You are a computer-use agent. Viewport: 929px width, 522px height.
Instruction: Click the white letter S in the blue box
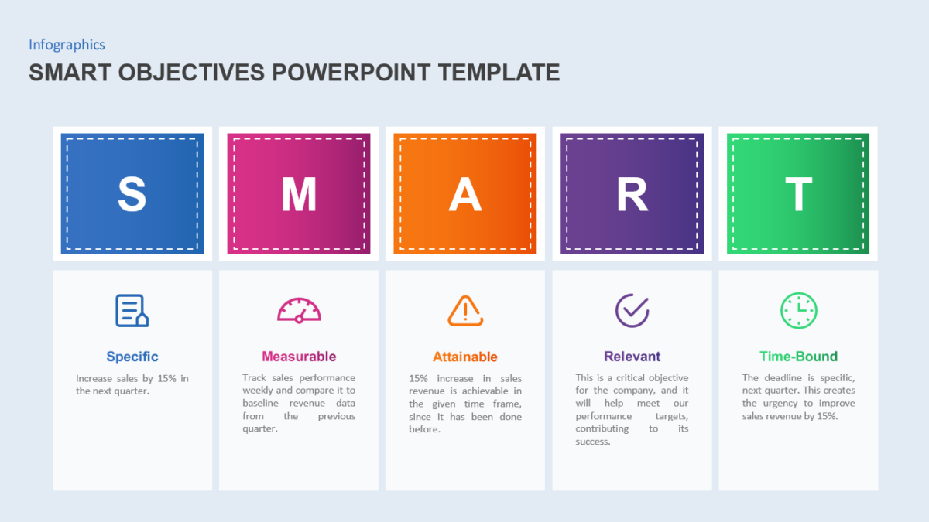click(132, 194)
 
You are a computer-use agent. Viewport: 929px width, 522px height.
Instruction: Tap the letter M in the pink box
click(299, 194)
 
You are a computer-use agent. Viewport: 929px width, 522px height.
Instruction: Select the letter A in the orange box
click(465, 194)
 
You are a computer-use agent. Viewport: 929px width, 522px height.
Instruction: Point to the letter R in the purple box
click(632, 194)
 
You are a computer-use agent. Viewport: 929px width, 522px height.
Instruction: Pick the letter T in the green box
click(798, 194)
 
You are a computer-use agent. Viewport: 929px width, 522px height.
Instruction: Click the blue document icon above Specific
click(132, 310)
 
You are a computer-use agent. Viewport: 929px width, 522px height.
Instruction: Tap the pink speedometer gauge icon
click(299, 310)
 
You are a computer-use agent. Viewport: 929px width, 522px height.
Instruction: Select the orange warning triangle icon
click(465, 310)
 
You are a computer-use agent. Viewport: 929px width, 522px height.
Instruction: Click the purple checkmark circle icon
click(632, 310)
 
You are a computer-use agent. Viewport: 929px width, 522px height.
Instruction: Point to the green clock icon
click(798, 310)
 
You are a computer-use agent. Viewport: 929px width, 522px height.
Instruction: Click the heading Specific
click(132, 357)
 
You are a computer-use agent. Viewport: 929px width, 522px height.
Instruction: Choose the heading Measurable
click(299, 357)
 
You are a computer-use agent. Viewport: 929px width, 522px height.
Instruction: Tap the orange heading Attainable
click(465, 357)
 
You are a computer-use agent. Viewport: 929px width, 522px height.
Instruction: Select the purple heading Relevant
click(632, 357)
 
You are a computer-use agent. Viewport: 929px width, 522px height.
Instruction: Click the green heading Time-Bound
click(798, 357)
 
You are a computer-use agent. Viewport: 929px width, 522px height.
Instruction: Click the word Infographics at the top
click(67, 45)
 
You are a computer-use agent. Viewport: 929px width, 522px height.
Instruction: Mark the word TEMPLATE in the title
click(499, 73)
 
